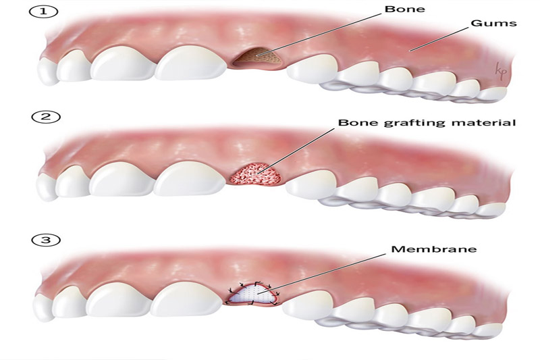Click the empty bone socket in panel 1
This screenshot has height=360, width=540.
(x=260, y=60)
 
